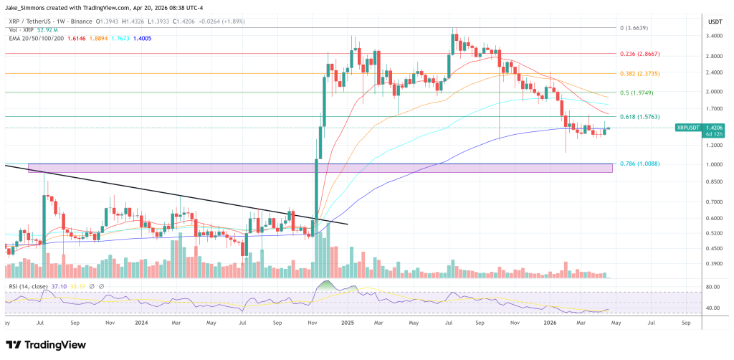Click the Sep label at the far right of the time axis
(x=687, y=323)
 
